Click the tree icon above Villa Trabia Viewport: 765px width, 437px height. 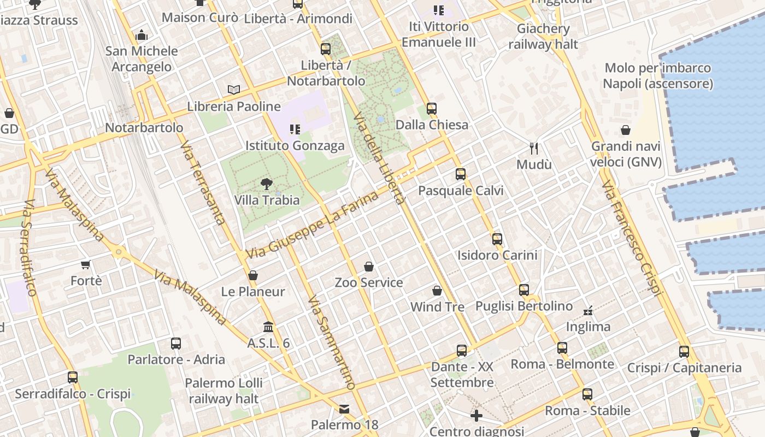(x=267, y=184)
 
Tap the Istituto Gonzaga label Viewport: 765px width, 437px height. (x=295, y=145)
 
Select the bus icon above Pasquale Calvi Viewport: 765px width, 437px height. (x=461, y=174)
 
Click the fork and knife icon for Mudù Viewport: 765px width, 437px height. (x=534, y=148)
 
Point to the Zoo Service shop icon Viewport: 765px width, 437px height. (x=369, y=267)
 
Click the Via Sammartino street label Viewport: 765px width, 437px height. (x=331, y=342)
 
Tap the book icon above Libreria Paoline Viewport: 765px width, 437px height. (x=234, y=90)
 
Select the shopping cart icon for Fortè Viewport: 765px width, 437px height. (x=85, y=265)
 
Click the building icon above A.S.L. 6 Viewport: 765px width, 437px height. (x=268, y=327)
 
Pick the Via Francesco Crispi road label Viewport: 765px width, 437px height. (x=632, y=239)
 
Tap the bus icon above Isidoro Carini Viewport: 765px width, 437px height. (x=497, y=239)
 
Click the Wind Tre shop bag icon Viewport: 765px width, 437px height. (x=437, y=291)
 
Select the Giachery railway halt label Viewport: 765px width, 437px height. (x=543, y=36)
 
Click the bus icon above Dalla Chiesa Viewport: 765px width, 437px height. (x=432, y=108)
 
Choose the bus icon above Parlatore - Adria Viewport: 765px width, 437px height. (x=176, y=343)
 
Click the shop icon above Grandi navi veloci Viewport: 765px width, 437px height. (x=626, y=130)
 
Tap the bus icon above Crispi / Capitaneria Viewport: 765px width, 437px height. (x=684, y=351)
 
